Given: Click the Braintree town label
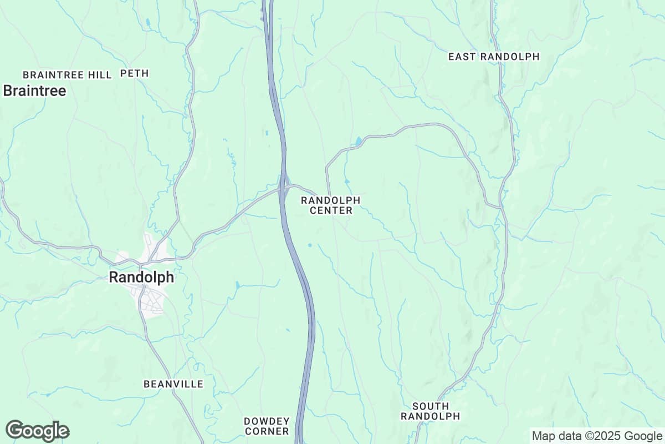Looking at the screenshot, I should [x=34, y=91].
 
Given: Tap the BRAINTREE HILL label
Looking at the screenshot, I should [x=67, y=74].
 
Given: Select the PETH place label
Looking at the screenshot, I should [x=135, y=73].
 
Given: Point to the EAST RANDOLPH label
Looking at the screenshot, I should [x=493, y=57].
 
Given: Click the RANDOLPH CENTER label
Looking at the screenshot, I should [x=331, y=205].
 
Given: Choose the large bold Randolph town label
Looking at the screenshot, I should [x=141, y=277].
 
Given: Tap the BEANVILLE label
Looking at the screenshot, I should [x=173, y=384].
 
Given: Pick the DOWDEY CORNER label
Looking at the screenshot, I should [x=267, y=426].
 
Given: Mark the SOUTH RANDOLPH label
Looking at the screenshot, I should [x=431, y=411].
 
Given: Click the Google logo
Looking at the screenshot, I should [x=38, y=431].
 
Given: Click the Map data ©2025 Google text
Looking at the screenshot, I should [x=597, y=436].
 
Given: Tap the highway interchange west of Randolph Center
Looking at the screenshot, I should [x=285, y=186].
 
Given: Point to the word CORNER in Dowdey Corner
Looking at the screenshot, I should [x=267, y=431].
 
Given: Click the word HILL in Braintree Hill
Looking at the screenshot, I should [x=100, y=74].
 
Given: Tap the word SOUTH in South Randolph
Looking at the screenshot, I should [x=431, y=406].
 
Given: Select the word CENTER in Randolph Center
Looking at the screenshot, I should [x=331, y=210].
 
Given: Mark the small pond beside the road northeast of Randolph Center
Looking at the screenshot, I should [x=359, y=141].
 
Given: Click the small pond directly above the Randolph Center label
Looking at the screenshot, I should [x=347, y=181].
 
